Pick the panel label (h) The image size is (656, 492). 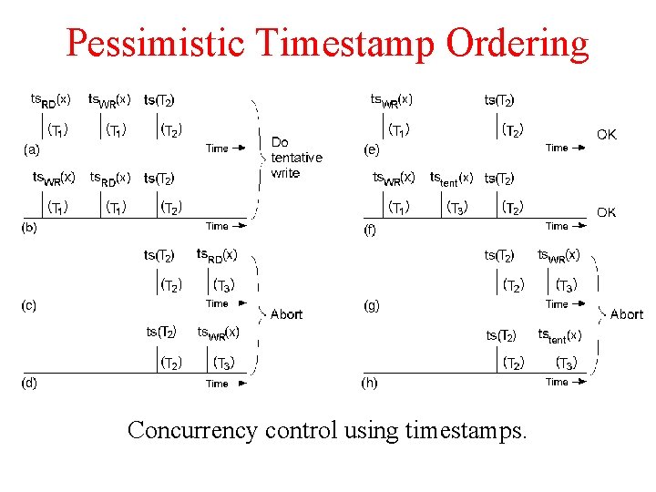(371, 383)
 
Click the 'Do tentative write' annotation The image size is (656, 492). (296, 158)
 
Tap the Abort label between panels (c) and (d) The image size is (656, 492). (286, 314)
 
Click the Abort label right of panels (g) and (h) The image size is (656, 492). (626, 314)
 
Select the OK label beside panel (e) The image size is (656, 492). (606, 135)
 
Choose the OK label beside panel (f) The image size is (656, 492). (606, 212)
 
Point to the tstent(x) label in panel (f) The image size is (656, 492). (451, 178)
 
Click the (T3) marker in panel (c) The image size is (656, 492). (223, 285)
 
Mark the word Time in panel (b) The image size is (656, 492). (217, 226)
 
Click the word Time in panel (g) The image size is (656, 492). (557, 304)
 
